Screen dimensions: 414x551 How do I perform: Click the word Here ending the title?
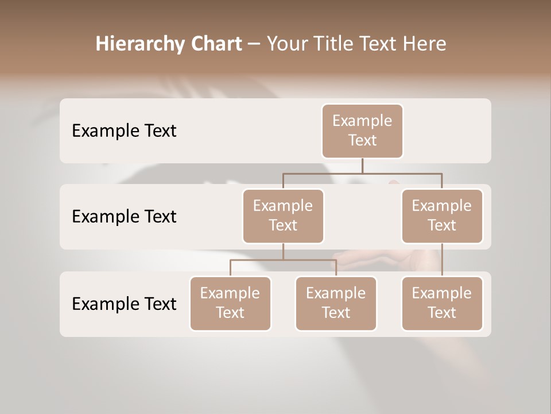point(425,44)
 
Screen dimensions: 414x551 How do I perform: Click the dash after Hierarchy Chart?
point(254,45)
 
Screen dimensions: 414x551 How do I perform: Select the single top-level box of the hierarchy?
point(362,131)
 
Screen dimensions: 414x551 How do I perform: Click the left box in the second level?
point(283,216)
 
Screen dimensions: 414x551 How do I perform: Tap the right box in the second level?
point(442,216)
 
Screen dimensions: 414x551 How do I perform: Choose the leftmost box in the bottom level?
point(230,303)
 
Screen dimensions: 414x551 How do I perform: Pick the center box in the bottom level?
point(336,303)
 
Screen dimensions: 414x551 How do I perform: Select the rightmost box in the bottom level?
point(442,303)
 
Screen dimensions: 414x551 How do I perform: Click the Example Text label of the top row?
point(124,131)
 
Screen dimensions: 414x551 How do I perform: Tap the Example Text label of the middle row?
point(124,217)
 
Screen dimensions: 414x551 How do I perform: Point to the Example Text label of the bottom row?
point(124,304)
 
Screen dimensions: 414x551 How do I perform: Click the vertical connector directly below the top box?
point(362,166)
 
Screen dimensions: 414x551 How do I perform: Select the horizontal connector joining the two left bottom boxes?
point(283,260)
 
